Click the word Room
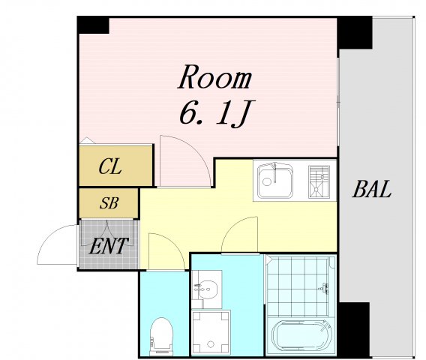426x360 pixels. click(214, 77)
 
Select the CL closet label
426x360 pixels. click(110, 166)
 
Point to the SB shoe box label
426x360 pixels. click(109, 202)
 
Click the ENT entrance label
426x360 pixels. click(109, 246)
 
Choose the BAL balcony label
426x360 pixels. click(372, 189)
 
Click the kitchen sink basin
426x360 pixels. click(275, 180)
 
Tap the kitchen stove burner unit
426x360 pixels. click(319, 181)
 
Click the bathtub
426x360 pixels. click(301, 337)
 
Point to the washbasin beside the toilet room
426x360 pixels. click(206, 289)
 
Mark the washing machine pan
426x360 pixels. click(211, 332)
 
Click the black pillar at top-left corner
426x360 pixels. click(93, 25)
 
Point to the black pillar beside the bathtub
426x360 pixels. click(354, 329)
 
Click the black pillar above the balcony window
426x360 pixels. click(355, 32)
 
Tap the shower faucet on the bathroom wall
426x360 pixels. click(324, 288)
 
